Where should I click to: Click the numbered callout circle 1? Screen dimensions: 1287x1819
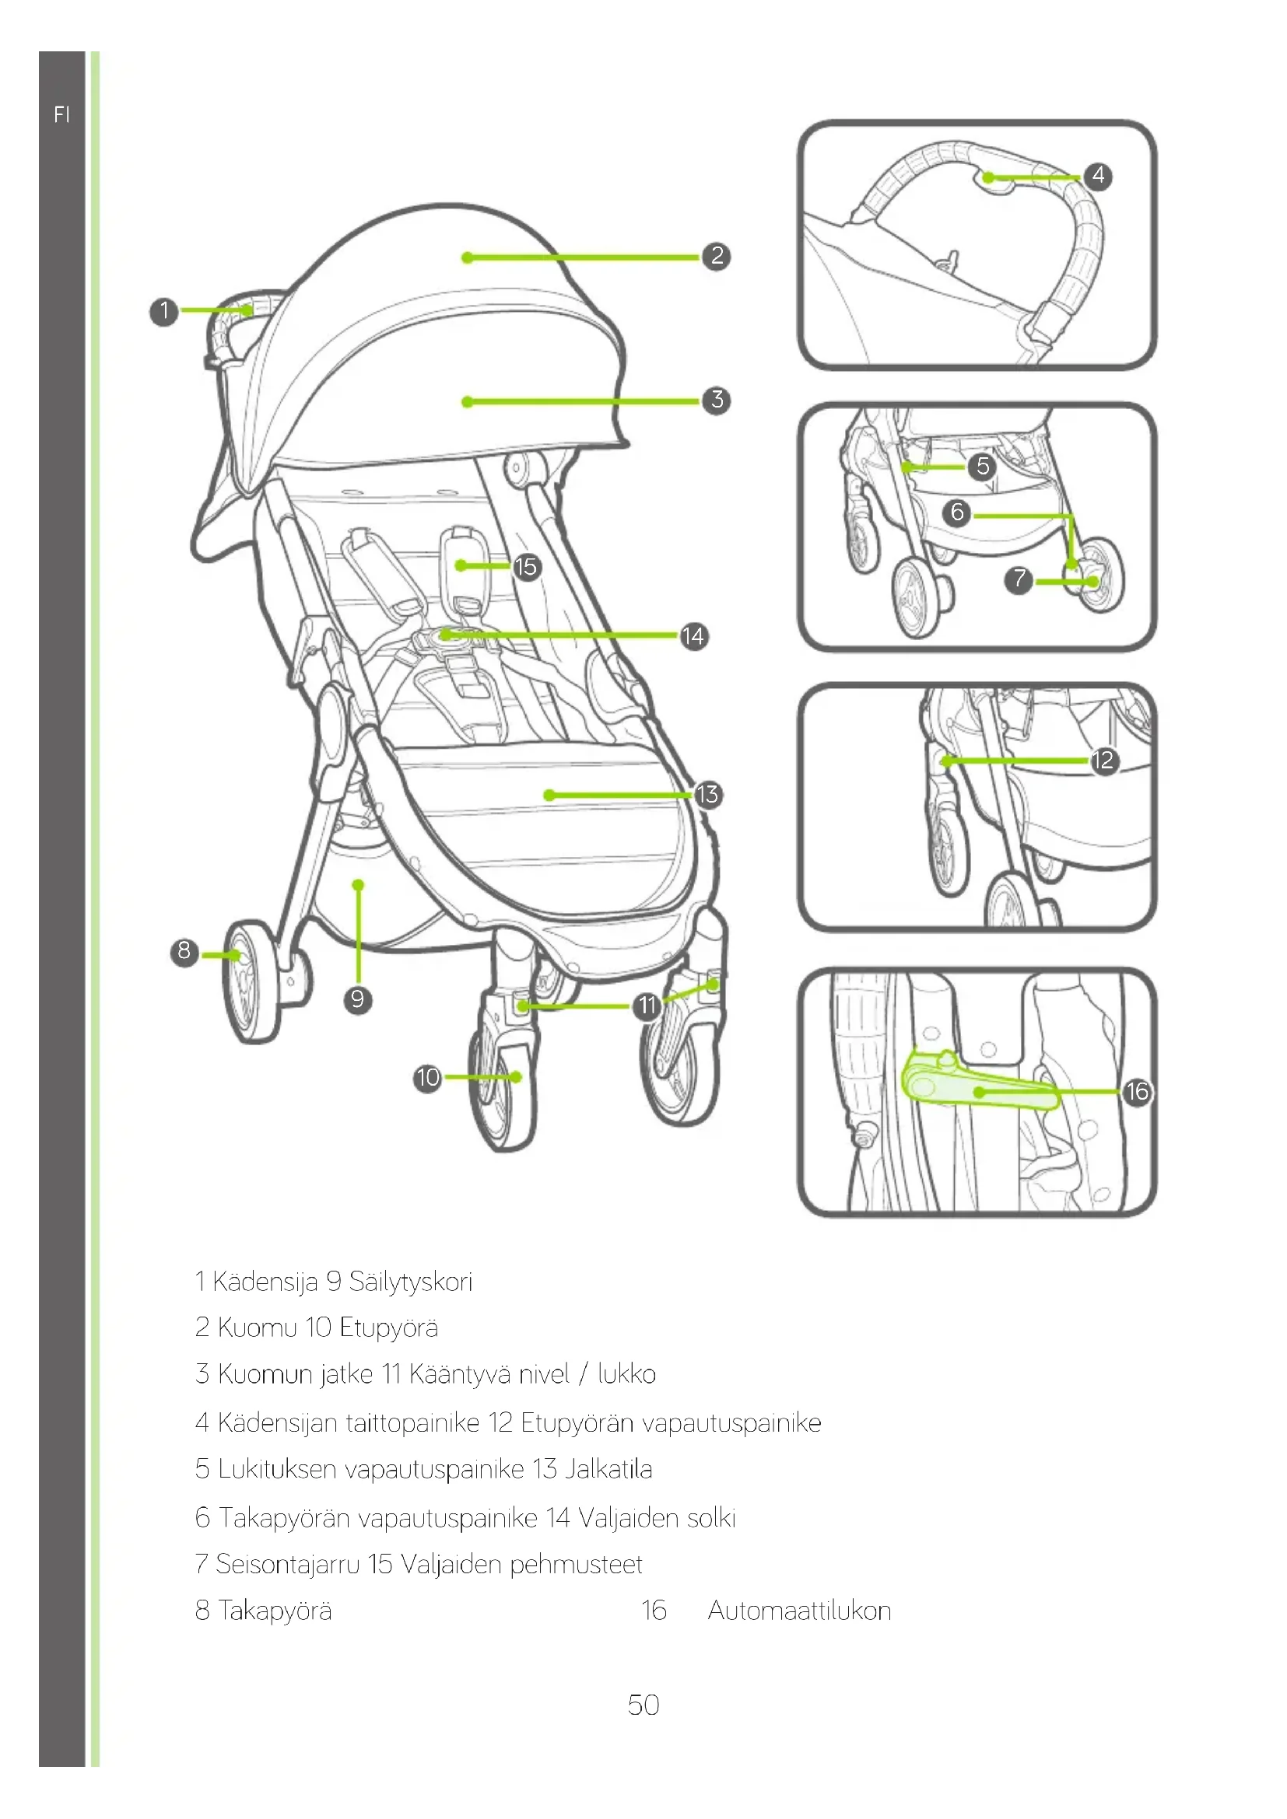(x=164, y=310)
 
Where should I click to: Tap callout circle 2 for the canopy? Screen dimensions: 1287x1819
(x=717, y=256)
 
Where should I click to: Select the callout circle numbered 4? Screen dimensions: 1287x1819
(x=1098, y=175)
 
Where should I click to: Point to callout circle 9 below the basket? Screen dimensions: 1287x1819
(x=357, y=999)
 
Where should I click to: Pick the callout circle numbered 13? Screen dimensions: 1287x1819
(x=707, y=794)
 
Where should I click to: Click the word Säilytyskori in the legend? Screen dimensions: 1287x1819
(x=411, y=1282)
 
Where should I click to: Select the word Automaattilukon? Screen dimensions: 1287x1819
(x=799, y=1611)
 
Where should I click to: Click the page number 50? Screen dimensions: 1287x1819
(x=643, y=1704)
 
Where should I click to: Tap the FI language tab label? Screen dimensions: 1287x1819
(x=61, y=115)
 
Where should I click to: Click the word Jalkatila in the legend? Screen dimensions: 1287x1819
(x=608, y=1470)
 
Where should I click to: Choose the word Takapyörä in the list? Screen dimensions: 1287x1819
(x=274, y=1611)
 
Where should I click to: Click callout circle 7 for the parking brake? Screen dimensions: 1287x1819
(x=1019, y=580)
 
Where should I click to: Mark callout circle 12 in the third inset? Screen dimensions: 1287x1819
(x=1103, y=761)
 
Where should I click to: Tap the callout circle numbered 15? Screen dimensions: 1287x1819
(x=526, y=566)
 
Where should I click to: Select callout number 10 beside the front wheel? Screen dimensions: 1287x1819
(x=427, y=1077)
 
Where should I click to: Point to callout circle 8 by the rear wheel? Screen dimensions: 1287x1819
(x=184, y=950)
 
